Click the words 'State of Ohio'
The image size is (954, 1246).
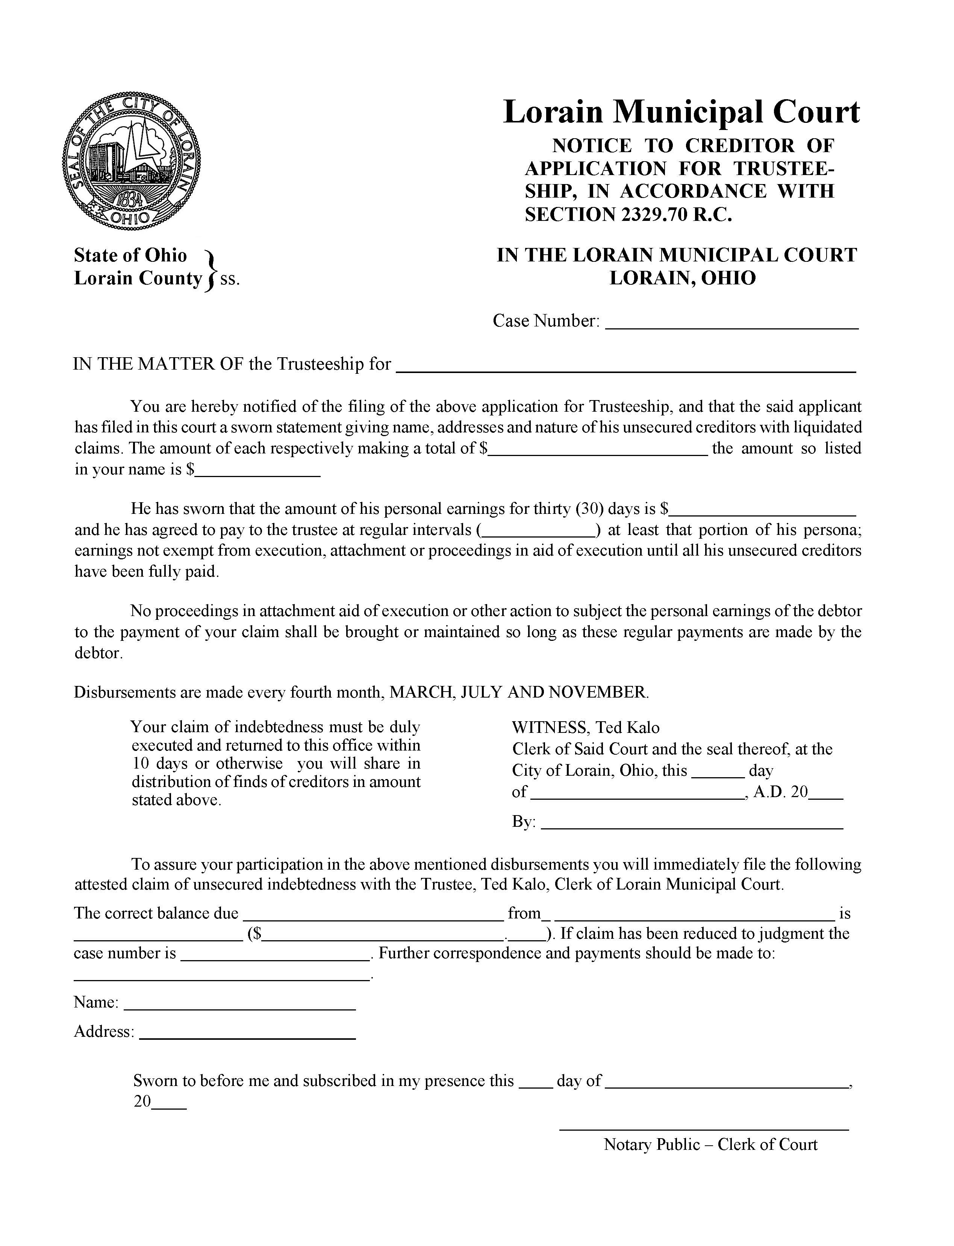click(x=130, y=255)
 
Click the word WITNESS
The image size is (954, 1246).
click(x=549, y=728)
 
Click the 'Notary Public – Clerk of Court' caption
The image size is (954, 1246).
click(x=710, y=1145)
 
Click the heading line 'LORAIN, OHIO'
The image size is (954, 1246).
click(x=683, y=278)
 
